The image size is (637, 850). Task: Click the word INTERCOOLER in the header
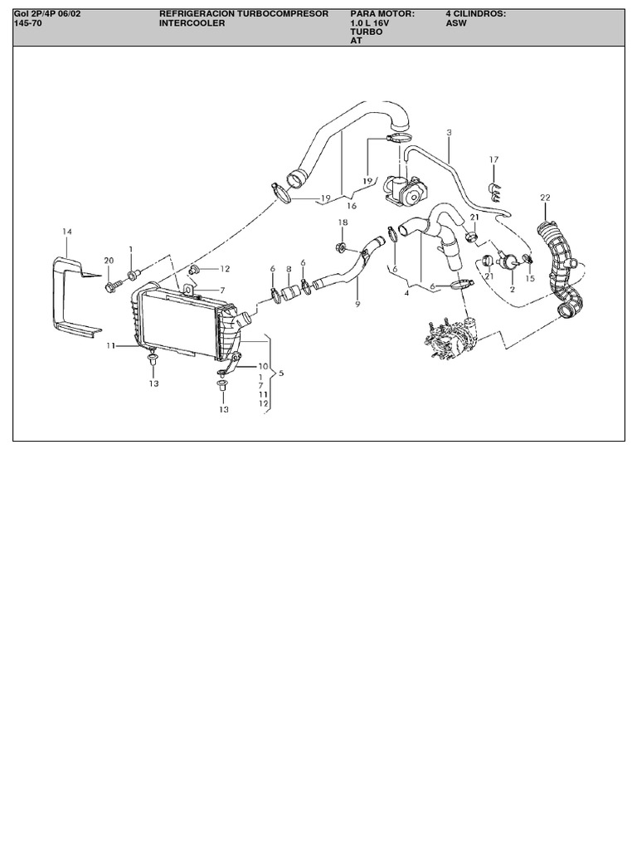(x=192, y=23)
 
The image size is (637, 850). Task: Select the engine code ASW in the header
(x=456, y=23)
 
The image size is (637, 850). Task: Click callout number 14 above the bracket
(x=66, y=232)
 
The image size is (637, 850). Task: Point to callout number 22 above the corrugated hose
(x=545, y=198)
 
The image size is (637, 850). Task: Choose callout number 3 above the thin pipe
(x=449, y=132)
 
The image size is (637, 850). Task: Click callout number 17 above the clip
(x=494, y=160)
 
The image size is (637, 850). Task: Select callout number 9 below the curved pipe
(x=357, y=305)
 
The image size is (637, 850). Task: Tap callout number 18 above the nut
(x=343, y=222)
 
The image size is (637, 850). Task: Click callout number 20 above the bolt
(x=109, y=260)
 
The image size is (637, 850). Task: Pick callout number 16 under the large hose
(x=352, y=206)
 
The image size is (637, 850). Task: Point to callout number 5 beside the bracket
(x=281, y=374)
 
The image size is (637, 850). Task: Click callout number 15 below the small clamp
(x=530, y=279)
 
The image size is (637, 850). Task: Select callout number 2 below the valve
(x=513, y=290)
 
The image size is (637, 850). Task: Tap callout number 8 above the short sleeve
(x=289, y=269)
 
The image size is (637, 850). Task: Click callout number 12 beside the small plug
(x=225, y=269)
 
